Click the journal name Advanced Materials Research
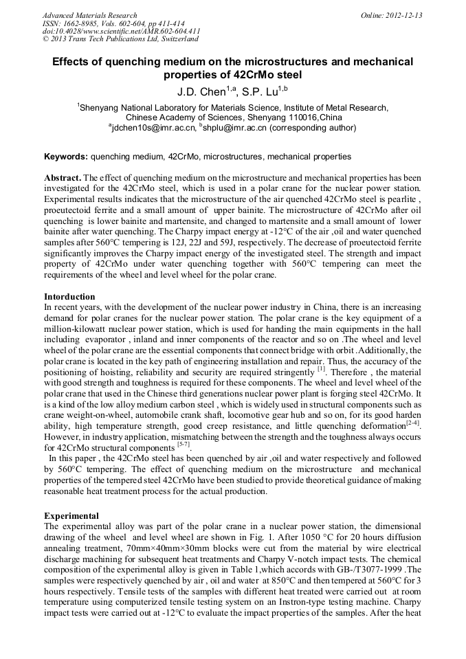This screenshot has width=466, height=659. (x=89, y=15)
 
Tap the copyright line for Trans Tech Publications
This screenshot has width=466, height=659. (x=121, y=38)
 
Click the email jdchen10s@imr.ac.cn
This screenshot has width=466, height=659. (x=151, y=127)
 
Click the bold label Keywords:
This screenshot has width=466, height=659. (x=65, y=157)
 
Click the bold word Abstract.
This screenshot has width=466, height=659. (x=63, y=177)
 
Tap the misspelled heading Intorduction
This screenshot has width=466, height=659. (x=69, y=297)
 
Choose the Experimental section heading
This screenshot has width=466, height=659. (x=71, y=515)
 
